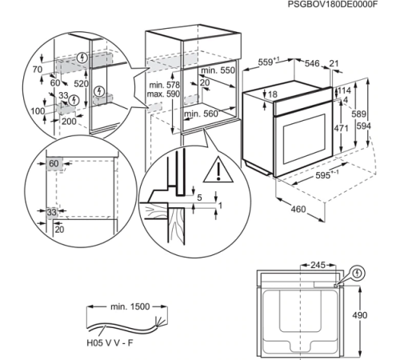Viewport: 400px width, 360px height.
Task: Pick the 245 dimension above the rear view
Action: [x=318, y=263]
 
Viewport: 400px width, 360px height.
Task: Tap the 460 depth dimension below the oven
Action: [x=298, y=210]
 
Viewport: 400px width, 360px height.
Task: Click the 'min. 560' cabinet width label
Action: [x=201, y=114]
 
